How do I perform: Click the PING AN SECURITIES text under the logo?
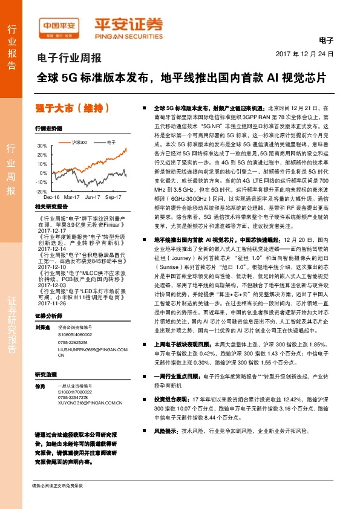point(128,35)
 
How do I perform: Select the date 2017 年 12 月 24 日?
point(309,54)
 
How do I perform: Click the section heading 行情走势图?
point(48,129)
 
